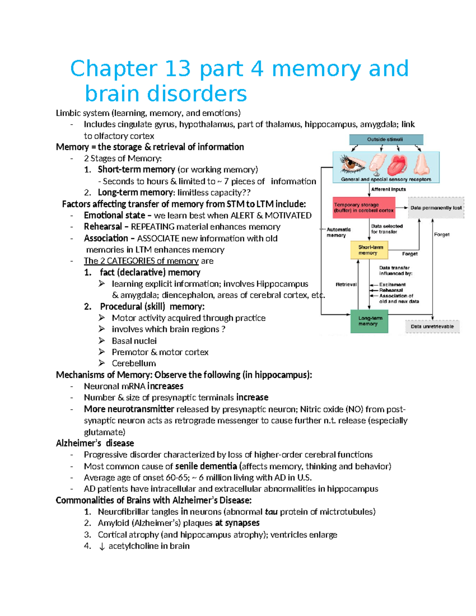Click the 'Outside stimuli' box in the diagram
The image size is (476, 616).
(386, 140)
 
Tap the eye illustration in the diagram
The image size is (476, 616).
(352, 163)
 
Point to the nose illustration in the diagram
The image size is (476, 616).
(421, 164)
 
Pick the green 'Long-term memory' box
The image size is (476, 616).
(369, 321)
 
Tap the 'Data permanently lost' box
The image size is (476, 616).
(436, 207)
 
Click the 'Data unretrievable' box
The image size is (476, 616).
(432, 326)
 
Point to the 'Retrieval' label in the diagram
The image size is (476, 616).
(346, 284)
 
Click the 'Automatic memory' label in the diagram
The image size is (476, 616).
(338, 232)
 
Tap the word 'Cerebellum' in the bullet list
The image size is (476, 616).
(134, 363)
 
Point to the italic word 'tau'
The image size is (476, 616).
(271, 512)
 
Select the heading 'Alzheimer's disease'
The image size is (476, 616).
(95, 443)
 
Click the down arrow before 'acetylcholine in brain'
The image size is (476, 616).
(102, 547)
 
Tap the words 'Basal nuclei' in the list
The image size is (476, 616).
(134, 341)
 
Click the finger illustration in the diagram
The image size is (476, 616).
(376, 163)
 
